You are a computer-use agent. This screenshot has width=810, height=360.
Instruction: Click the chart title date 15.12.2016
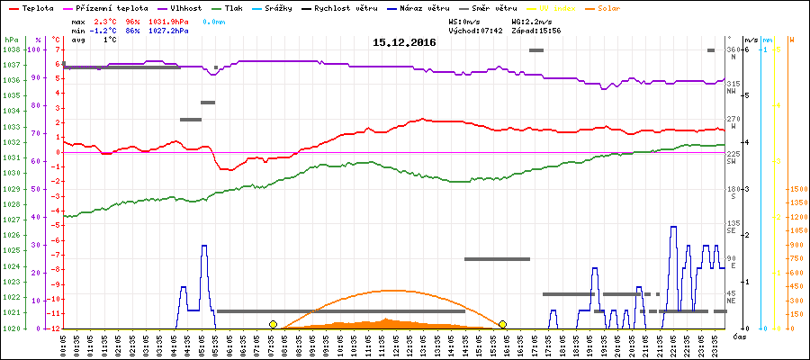tap(404, 42)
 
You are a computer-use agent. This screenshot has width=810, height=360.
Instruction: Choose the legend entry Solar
tap(621, 7)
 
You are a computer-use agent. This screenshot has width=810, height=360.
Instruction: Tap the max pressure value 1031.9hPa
tap(168, 20)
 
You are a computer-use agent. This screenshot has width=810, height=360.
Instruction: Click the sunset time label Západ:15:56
tap(536, 30)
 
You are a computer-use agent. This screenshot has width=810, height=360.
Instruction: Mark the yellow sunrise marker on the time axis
tap(273, 324)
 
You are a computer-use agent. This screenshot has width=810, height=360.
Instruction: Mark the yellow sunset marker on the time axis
tap(502, 324)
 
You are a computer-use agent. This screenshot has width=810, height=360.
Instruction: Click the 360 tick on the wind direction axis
tap(733, 49)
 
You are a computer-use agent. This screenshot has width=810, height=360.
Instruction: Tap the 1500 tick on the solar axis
tap(797, 189)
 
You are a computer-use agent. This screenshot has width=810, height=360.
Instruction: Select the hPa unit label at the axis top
tap(11, 40)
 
